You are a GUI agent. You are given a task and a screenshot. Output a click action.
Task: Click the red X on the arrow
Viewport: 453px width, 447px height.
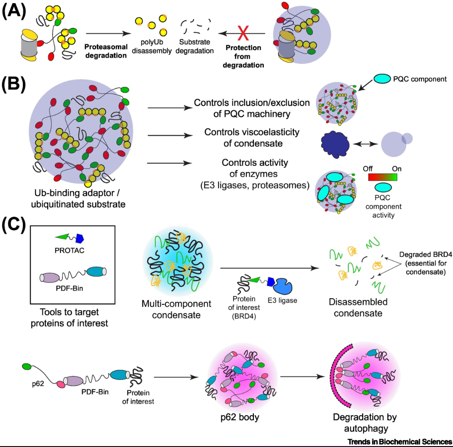tap(243, 34)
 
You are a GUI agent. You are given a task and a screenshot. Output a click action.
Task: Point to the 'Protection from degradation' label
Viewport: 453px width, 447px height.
tap(243, 57)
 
